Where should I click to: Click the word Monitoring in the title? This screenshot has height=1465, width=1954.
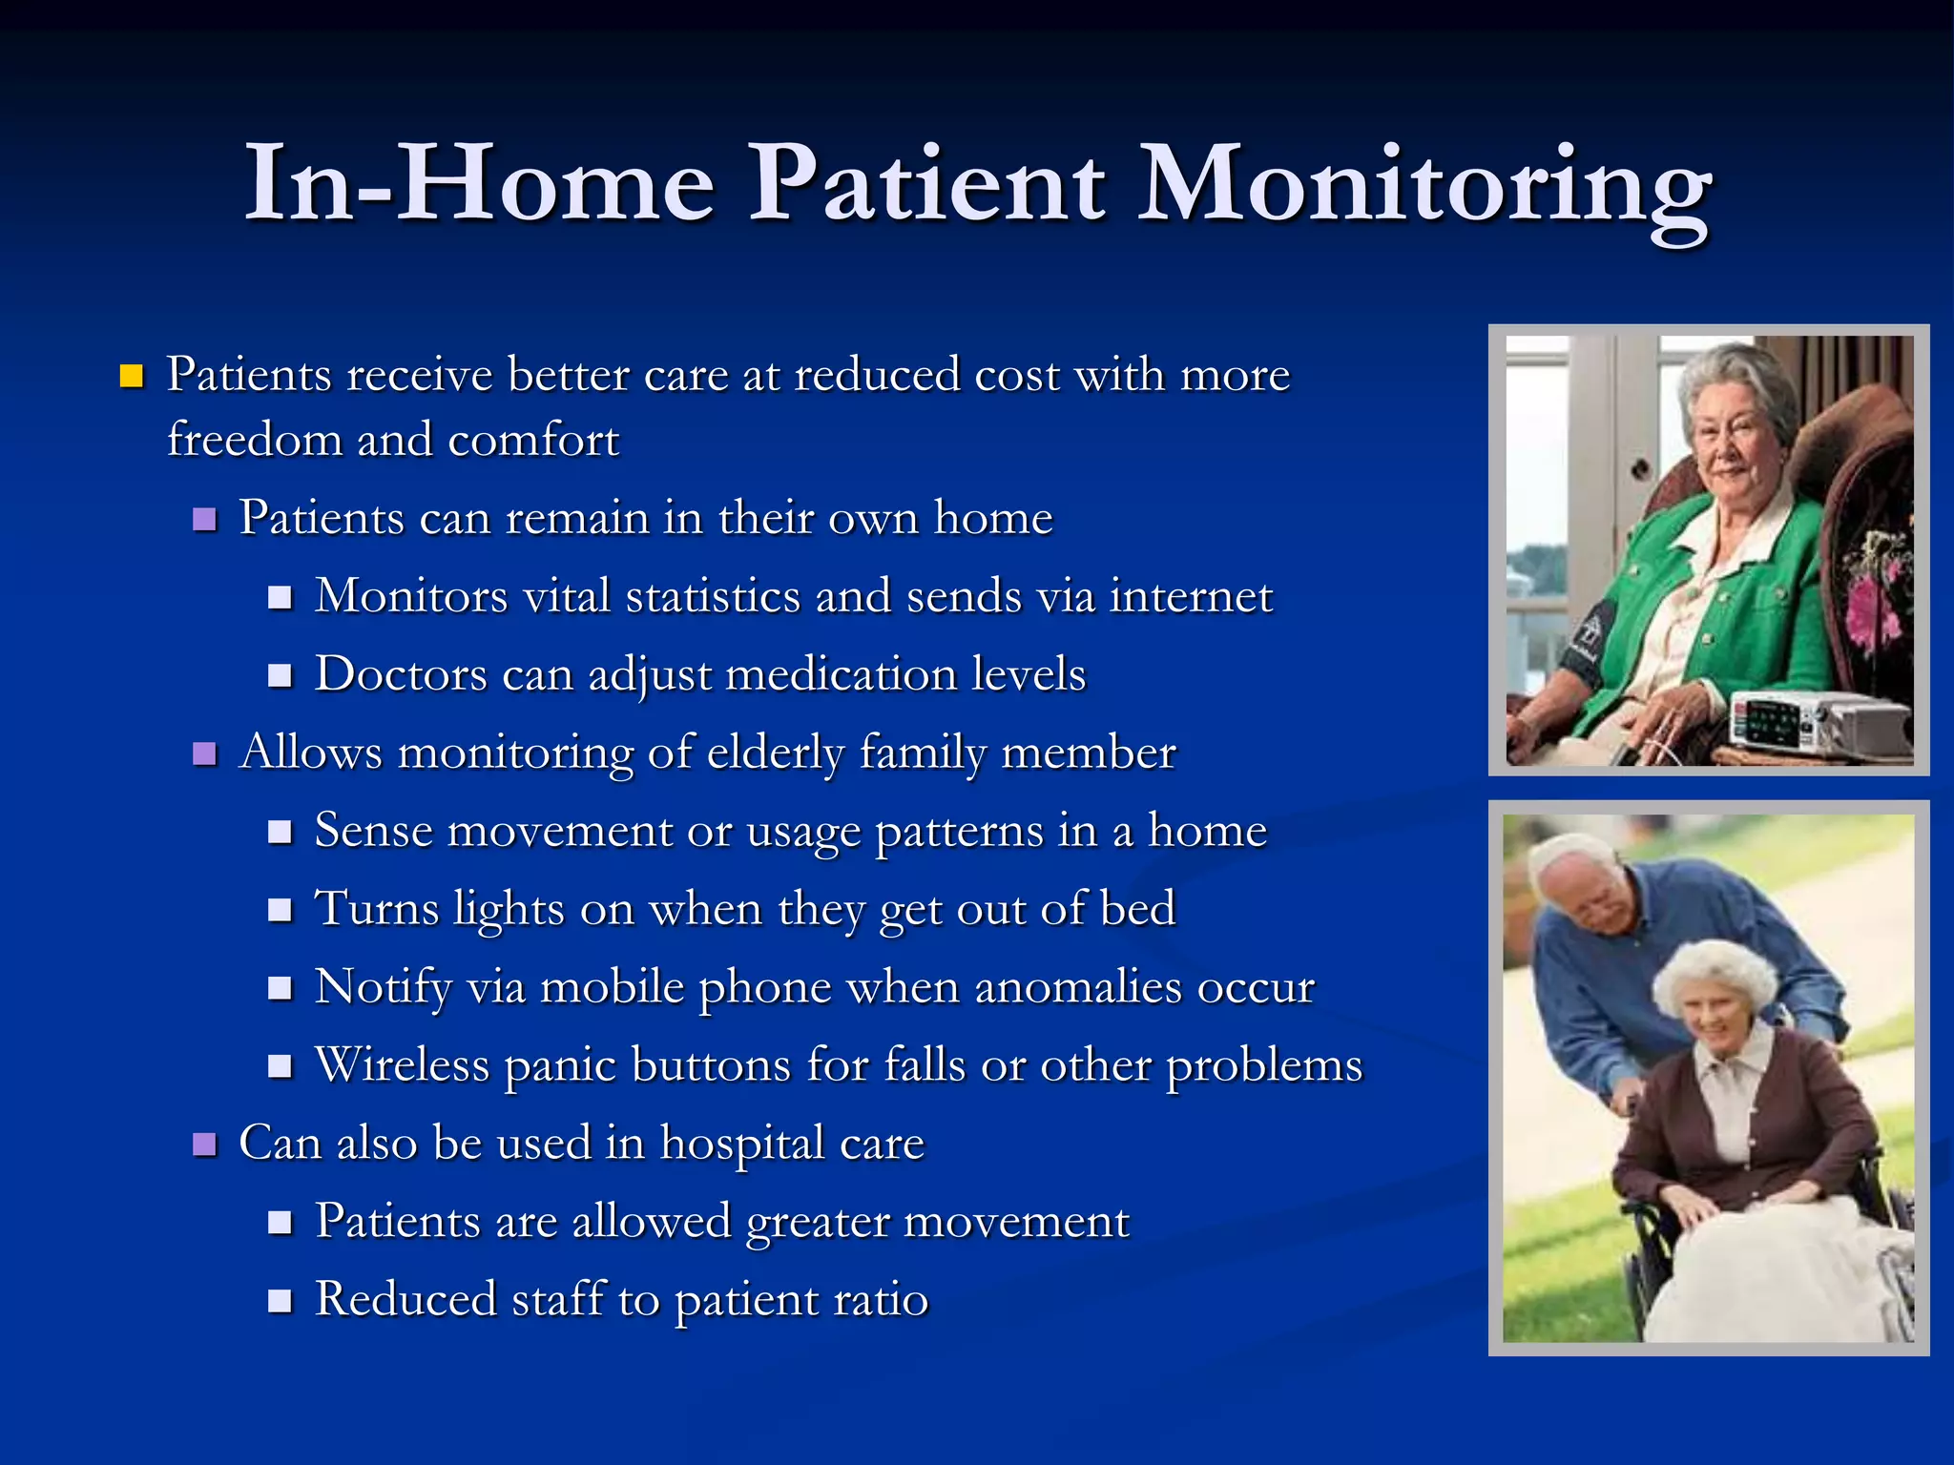(1425, 186)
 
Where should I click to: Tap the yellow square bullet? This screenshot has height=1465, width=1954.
(132, 376)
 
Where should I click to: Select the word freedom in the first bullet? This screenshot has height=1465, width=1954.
(254, 440)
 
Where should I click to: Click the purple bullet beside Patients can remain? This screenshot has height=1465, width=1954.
(204, 519)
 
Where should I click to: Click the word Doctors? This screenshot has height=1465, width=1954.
(401, 674)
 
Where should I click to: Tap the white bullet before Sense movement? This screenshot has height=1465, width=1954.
(279, 832)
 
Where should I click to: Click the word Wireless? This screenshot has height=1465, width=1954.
(402, 1064)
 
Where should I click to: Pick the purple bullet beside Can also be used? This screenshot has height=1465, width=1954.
(204, 1144)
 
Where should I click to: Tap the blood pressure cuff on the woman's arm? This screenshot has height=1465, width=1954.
(1584, 639)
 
